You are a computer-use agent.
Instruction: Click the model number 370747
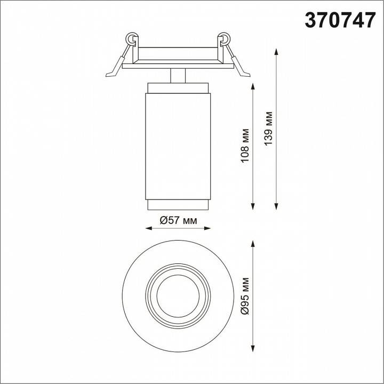point(340,20)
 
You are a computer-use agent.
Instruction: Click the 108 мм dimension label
point(245,146)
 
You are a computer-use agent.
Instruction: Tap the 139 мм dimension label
point(268,129)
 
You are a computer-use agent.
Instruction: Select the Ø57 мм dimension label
point(178,221)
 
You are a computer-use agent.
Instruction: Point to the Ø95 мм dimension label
point(245,296)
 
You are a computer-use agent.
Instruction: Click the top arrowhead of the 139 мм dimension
point(276,52)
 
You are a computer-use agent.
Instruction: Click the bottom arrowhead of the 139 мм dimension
point(276,206)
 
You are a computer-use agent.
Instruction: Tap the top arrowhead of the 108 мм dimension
point(253,86)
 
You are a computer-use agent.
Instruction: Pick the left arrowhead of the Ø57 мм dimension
point(149,228)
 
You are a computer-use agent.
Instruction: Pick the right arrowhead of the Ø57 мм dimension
point(207,228)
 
